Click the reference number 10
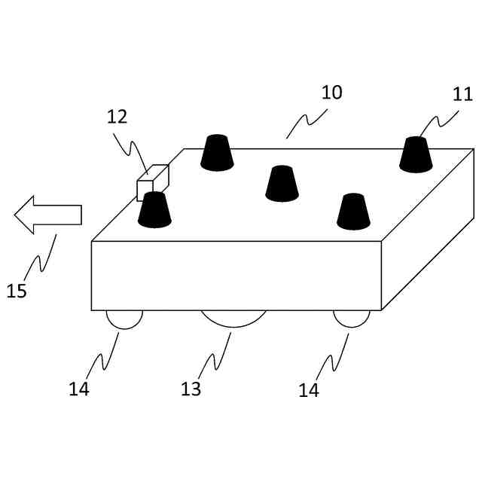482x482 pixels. tap(331, 93)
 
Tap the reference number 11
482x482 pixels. tap(463, 96)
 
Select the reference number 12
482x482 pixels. tap(117, 117)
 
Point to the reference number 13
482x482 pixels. tap(191, 389)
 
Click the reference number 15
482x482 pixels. tap(17, 291)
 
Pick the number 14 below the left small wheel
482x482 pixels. tap(79, 389)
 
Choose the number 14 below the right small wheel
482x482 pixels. tap(309, 390)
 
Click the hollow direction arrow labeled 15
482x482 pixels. tap(47, 214)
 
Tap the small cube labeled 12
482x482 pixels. tap(152, 182)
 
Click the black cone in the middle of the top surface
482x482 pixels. tap(282, 184)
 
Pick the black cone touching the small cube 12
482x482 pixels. tap(154, 210)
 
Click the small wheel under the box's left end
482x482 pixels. tap(124, 319)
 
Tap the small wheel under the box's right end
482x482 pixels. tap(352, 319)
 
